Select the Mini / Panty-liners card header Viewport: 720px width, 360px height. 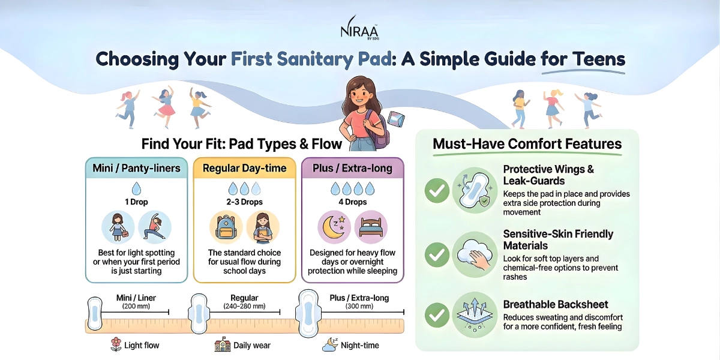(x=136, y=168)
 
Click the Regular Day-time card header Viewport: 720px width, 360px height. (x=244, y=168)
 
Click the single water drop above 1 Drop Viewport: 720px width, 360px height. (x=136, y=188)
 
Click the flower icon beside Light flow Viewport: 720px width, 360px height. (x=116, y=344)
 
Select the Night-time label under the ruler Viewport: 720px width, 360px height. (x=360, y=345)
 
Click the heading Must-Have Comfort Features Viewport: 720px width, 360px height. (x=527, y=144)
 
